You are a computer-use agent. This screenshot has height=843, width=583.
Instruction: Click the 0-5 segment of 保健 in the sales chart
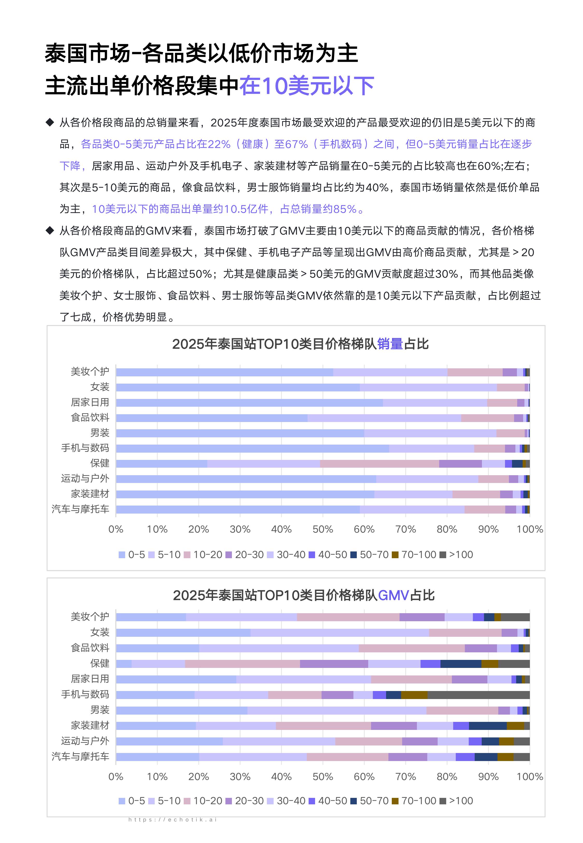point(161,464)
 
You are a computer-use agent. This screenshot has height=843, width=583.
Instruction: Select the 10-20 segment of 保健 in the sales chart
point(379,464)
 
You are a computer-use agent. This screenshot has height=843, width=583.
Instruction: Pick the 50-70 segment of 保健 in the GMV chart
point(461,664)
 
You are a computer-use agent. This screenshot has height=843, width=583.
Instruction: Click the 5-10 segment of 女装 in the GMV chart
point(340,633)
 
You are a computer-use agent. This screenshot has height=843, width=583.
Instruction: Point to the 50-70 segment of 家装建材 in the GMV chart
point(488,726)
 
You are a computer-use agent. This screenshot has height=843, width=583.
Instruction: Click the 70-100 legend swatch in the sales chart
point(395,555)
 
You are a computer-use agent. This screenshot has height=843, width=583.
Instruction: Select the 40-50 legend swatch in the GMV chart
point(312,801)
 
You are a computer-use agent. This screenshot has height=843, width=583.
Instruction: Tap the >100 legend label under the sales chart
point(461,555)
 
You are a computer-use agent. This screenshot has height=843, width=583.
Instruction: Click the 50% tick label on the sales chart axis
point(323,529)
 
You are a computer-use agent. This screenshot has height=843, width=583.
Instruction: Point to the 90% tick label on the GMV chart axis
point(488,777)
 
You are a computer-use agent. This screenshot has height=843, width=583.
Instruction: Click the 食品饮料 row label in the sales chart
point(90,417)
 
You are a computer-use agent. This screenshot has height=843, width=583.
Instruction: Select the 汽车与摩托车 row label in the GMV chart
point(80,756)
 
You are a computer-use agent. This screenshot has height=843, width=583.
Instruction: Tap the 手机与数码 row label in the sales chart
point(85,448)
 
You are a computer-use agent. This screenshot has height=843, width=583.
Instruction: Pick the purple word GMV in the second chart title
point(393,596)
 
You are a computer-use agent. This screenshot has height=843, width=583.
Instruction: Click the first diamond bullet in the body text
point(50,122)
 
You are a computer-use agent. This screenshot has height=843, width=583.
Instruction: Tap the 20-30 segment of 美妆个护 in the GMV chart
point(422,617)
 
